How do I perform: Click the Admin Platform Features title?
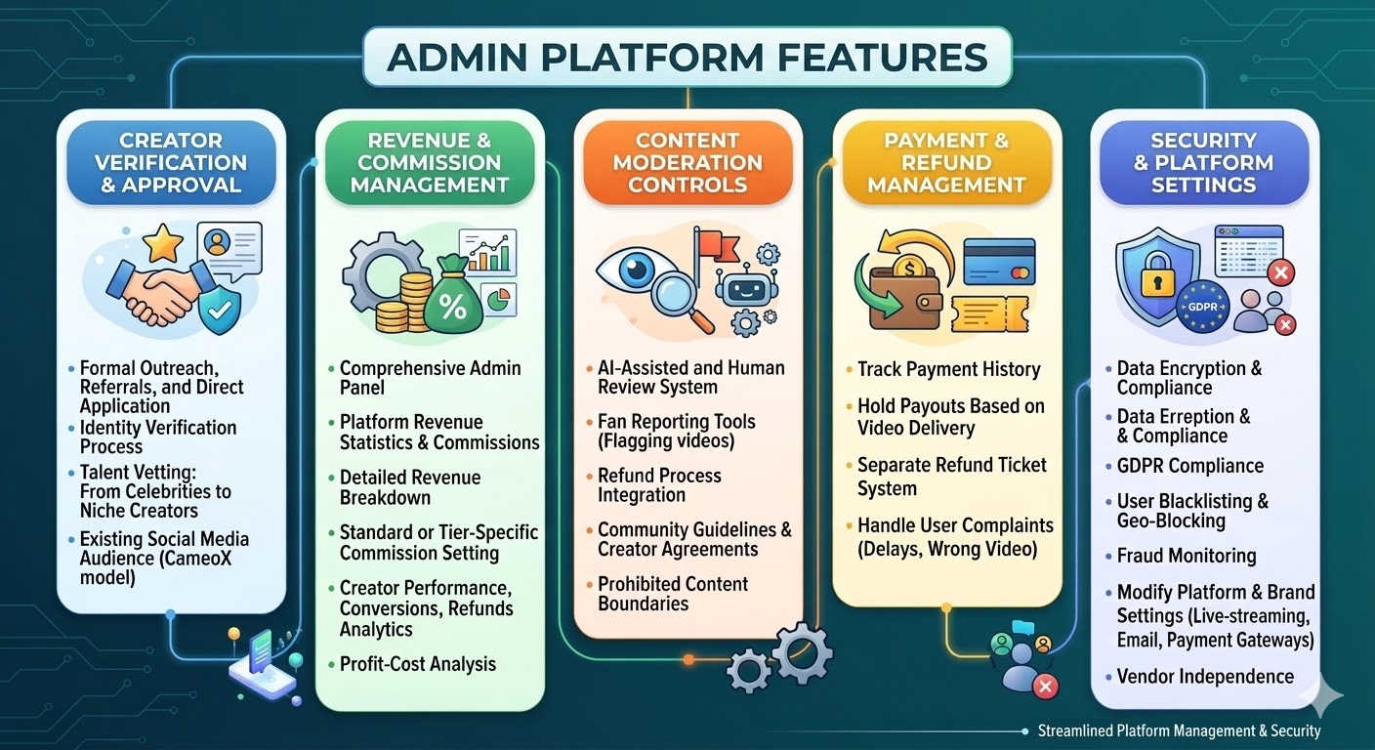687,57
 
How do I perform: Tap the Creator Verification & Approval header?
170,162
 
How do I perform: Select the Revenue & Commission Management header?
429,162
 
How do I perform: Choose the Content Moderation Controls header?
687,162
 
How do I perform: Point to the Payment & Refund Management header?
945,162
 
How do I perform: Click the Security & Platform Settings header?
1202,162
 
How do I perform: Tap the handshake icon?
156,287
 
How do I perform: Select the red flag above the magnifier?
711,244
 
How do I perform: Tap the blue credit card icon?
998,262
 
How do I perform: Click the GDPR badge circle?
1202,305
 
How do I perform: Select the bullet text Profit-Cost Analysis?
417,664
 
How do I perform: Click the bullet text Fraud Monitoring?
1186,556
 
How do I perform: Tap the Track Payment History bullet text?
948,369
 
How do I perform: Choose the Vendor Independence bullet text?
1205,676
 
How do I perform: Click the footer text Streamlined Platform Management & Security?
1179,730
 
